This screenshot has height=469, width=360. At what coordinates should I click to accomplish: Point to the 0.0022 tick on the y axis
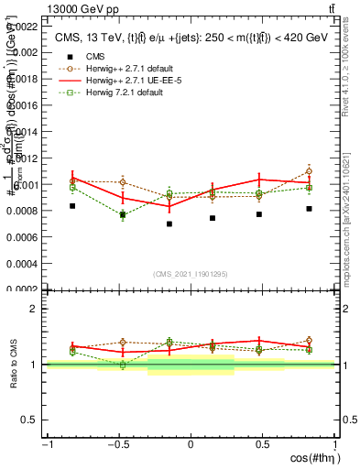24,27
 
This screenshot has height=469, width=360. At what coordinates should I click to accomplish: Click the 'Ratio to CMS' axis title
14,365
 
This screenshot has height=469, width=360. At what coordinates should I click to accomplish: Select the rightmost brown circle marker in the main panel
310,171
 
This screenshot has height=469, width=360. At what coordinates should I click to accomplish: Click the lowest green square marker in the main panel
122,215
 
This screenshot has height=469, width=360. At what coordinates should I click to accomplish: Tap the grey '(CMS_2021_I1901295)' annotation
191,274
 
